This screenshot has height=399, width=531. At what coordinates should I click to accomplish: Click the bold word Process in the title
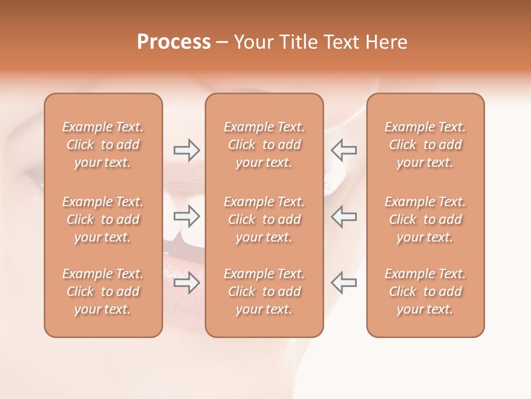tap(174, 42)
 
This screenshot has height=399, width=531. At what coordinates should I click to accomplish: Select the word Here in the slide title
tap(387, 42)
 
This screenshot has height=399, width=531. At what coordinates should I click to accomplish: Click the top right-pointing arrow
tap(187, 150)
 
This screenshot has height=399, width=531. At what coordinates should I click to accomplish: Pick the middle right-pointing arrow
tap(187, 216)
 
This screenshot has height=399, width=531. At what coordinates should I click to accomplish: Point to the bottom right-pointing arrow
tap(187, 283)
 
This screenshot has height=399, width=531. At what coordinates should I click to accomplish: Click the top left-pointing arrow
tap(343, 150)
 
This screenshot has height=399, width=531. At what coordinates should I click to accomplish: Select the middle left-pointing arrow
tap(343, 216)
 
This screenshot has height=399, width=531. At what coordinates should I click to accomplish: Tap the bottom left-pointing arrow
tap(343, 283)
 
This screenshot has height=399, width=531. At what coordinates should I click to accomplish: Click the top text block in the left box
tap(103, 145)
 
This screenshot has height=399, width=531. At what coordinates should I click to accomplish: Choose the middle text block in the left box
tap(103, 219)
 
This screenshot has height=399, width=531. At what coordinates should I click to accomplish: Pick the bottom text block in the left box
tap(103, 291)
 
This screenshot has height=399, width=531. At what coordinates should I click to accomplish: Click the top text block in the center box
tap(264, 145)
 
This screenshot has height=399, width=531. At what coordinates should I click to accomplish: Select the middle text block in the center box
tap(264, 219)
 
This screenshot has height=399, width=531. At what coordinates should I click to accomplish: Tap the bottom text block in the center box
tap(264, 291)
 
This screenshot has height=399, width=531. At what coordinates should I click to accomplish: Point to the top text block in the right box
tap(425, 145)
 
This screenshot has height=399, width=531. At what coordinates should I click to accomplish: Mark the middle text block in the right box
tap(425, 219)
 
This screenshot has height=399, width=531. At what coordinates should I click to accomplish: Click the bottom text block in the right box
tap(425, 291)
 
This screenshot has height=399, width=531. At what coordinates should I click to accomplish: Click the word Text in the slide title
tap(342, 42)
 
